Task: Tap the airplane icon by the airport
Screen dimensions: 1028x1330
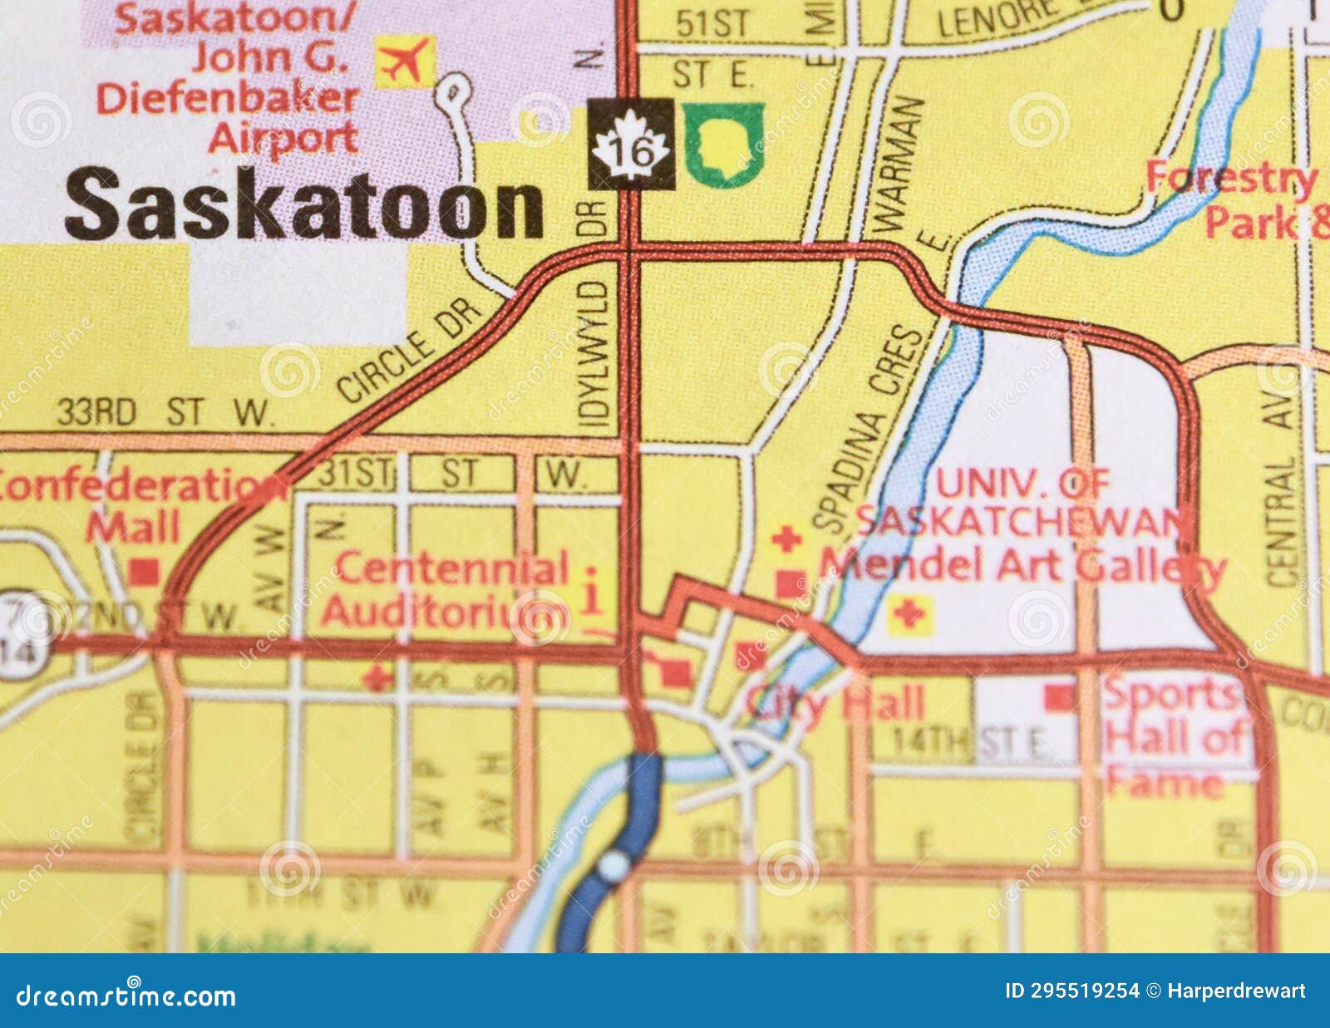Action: coord(405,61)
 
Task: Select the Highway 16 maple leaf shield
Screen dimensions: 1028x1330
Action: coord(631,145)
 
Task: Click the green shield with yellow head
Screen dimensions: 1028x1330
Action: coord(723,145)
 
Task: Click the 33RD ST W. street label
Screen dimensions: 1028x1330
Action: coord(164,413)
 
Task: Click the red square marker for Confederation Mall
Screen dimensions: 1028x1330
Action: coord(145,570)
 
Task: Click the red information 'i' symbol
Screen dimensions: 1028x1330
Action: coord(592,592)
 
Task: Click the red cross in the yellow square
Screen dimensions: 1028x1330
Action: coord(909,614)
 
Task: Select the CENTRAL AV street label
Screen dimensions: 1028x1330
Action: coord(1283,490)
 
